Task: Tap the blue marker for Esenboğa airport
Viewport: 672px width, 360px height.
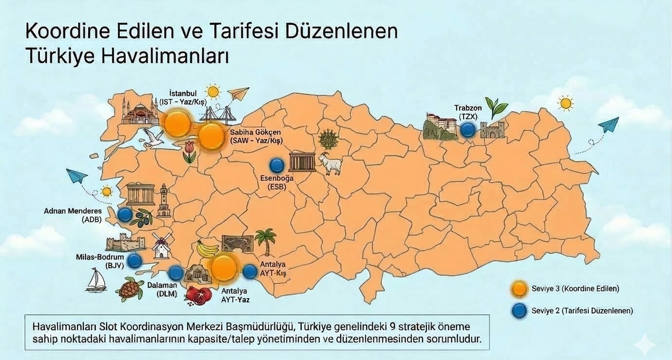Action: [276, 165]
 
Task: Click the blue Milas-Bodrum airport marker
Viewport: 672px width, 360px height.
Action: [134, 261]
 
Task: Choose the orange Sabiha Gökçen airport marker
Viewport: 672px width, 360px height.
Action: [211, 137]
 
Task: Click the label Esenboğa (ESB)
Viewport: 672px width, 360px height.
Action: [277, 182]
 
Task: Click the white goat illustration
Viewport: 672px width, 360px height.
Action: [331, 164]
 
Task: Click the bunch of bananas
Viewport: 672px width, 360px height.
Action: [208, 249]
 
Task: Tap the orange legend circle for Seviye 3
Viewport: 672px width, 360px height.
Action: [519, 289]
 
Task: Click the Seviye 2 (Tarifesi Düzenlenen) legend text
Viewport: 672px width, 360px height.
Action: [582, 311]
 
